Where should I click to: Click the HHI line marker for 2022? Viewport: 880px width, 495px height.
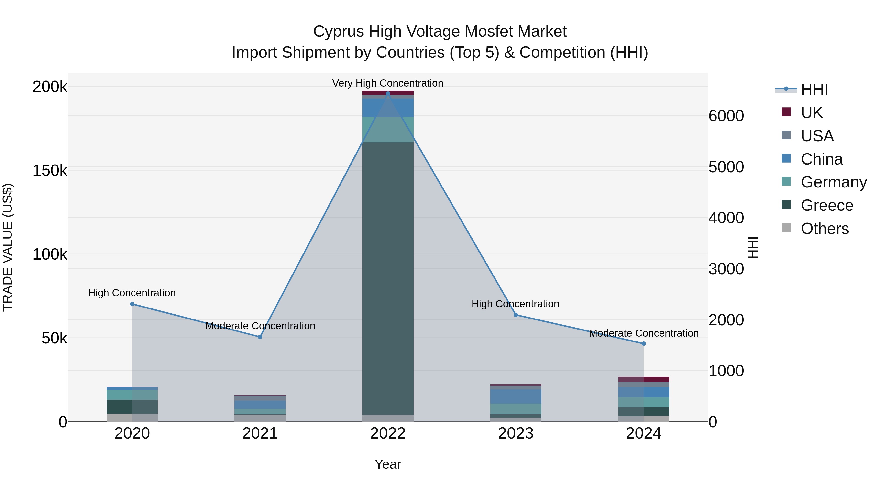388,94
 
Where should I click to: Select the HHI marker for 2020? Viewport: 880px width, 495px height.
132,304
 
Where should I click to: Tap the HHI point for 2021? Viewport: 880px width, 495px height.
260,337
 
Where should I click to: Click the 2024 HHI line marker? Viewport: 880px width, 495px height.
644,344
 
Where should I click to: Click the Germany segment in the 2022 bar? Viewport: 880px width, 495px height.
388,130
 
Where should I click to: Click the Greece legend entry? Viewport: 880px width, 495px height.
827,205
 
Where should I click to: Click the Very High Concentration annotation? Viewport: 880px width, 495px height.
388,83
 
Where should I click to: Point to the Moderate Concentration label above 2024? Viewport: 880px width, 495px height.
644,333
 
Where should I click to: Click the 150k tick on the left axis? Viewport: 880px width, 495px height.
50,170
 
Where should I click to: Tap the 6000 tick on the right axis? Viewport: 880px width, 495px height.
726,116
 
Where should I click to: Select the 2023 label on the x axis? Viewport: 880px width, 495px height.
516,433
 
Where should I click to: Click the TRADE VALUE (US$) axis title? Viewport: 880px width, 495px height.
8,247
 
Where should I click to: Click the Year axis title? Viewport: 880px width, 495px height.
388,464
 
